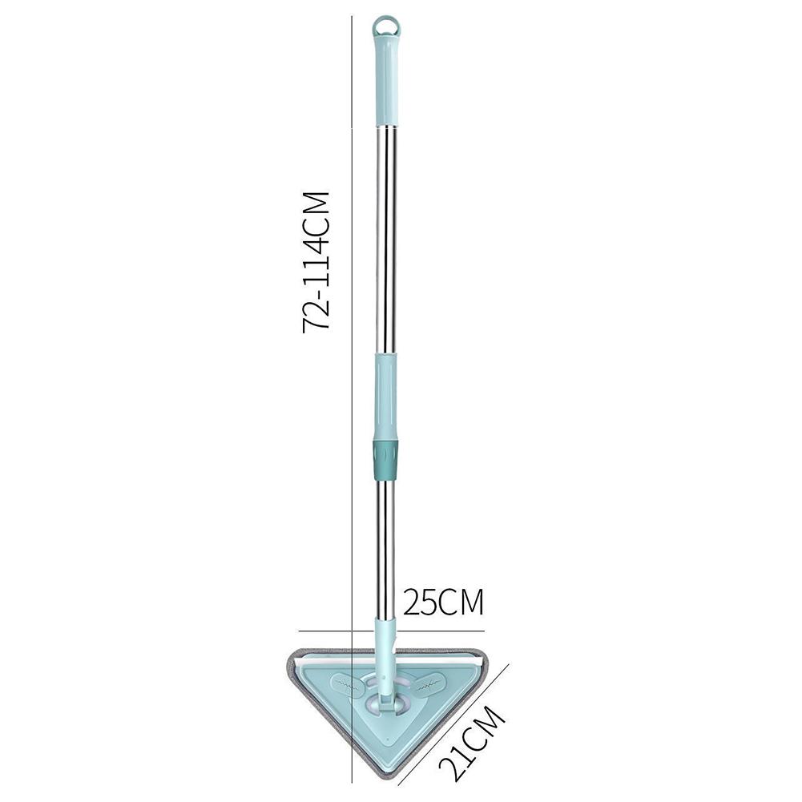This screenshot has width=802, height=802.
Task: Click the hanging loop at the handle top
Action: point(386,25)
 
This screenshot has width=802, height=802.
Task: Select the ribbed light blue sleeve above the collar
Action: point(385,397)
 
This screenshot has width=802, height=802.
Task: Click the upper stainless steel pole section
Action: point(386,240)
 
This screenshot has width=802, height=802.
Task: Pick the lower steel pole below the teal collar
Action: point(385,545)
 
